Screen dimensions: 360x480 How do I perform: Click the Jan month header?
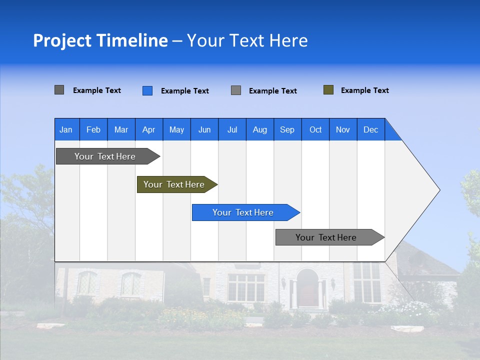pyautogui.click(x=66, y=129)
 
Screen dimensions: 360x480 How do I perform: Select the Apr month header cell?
pyautogui.click(x=149, y=129)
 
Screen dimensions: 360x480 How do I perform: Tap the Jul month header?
pyautogui.click(x=232, y=129)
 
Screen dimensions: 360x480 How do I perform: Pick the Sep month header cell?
pyautogui.click(x=287, y=129)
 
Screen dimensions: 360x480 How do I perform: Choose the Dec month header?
pyautogui.click(x=370, y=129)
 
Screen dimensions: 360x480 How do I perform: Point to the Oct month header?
pyautogui.click(x=315, y=129)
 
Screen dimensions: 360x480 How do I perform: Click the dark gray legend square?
pyautogui.click(x=59, y=90)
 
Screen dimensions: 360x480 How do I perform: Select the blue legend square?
pyautogui.click(x=147, y=90)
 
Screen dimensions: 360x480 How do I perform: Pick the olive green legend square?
pyautogui.click(x=328, y=90)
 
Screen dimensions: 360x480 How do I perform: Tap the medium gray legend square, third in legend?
pyautogui.click(x=236, y=90)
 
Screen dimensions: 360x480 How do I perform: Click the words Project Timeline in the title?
pyautogui.click(x=100, y=40)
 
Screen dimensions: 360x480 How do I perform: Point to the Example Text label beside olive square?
pyautogui.click(x=364, y=90)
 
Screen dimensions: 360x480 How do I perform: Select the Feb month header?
pyautogui.click(x=93, y=129)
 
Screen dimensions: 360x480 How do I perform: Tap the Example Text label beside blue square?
pyautogui.click(x=184, y=91)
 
